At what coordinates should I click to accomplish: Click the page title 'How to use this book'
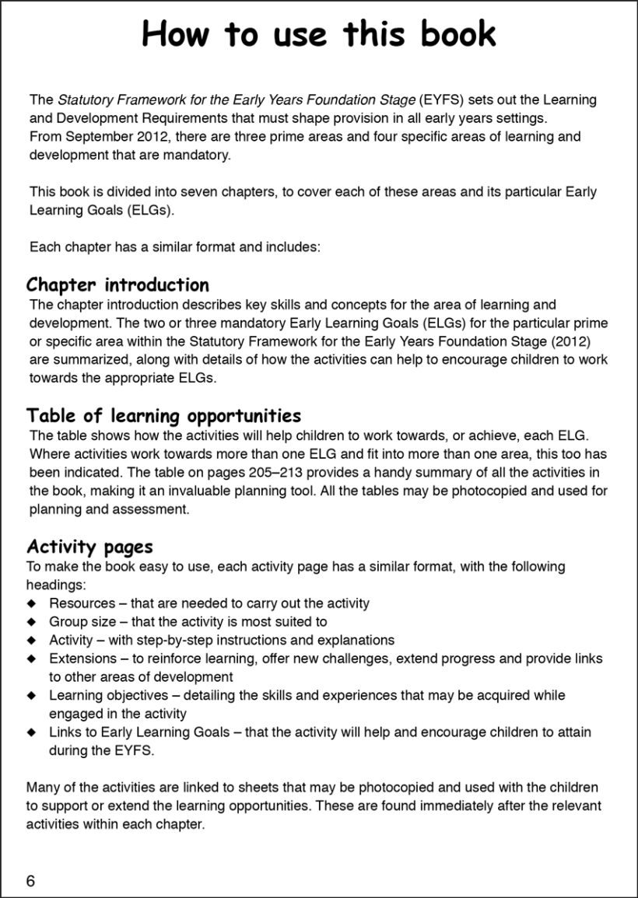(x=319, y=35)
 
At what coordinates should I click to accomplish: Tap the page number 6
(x=30, y=880)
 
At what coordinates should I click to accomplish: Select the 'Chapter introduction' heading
(x=117, y=285)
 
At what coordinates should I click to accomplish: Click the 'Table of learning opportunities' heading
(x=163, y=415)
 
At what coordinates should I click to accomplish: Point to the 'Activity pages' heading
(x=89, y=547)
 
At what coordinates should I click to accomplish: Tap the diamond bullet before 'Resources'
(x=31, y=603)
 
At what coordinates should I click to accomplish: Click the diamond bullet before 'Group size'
(x=31, y=622)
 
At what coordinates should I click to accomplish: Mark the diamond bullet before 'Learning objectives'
(x=31, y=695)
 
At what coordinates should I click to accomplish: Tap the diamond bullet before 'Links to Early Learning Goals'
(x=31, y=732)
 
